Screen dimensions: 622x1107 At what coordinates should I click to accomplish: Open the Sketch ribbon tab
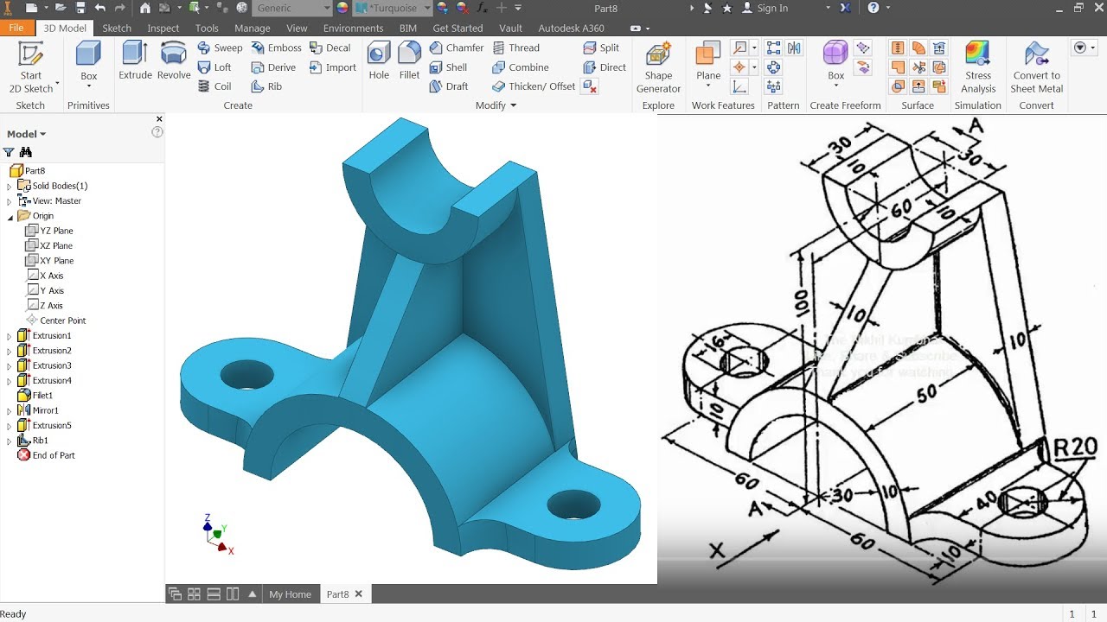[x=117, y=29]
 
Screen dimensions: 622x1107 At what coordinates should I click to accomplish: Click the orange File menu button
[x=16, y=29]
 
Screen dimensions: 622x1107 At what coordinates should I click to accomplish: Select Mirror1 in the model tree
[x=45, y=410]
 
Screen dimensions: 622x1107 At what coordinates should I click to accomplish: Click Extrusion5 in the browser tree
[x=51, y=425]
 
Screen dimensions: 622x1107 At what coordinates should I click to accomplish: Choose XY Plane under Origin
[x=56, y=260]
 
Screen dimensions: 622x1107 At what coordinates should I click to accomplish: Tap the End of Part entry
[x=53, y=455]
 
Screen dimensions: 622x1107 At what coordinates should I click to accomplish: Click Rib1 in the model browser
[x=40, y=441]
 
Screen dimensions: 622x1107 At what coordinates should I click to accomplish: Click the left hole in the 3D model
[x=246, y=376]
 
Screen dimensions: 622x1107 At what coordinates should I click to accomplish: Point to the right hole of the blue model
[x=573, y=504]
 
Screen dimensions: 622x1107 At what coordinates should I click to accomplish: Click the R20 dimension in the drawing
[x=1075, y=447]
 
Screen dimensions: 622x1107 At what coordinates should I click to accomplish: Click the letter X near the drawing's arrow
[x=716, y=550]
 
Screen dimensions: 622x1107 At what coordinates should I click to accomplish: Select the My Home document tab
[x=290, y=594]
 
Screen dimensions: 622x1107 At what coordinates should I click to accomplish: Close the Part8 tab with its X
[x=358, y=593]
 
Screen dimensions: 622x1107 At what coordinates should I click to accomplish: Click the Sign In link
[x=771, y=9]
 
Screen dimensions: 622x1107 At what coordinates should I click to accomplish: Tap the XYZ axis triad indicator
[x=215, y=533]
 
